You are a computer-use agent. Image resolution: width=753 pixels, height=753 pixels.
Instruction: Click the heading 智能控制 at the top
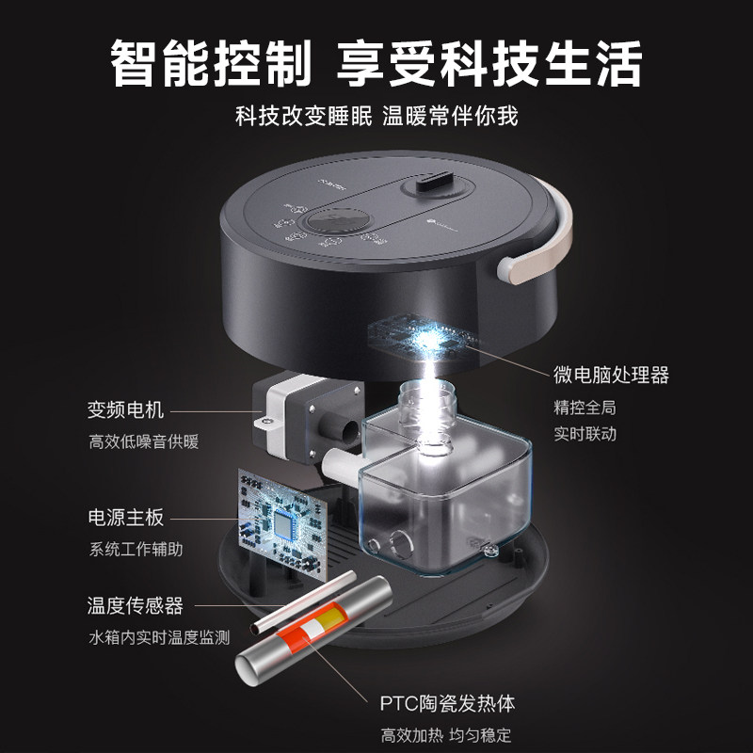[x=208, y=64]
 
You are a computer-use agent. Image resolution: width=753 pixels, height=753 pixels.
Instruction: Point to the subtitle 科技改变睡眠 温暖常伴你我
[x=376, y=117]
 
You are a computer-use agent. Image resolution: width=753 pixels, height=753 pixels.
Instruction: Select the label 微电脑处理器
[x=611, y=375]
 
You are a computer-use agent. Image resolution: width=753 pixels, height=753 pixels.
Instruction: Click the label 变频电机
[x=126, y=409]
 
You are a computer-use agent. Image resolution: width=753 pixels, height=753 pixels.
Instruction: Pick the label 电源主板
[x=126, y=517]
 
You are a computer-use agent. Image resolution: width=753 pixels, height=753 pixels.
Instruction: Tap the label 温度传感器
[x=136, y=605]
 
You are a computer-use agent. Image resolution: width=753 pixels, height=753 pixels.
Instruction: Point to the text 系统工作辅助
[x=136, y=549]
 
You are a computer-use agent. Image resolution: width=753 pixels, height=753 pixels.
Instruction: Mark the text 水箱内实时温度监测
[x=159, y=636]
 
